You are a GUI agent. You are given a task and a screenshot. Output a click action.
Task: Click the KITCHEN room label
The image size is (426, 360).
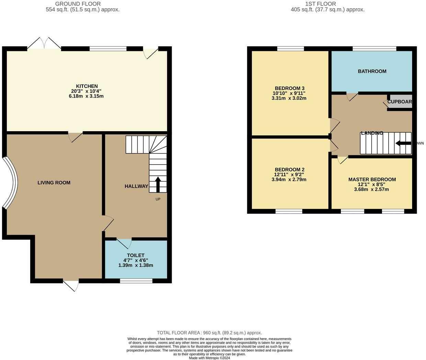(x=87, y=86)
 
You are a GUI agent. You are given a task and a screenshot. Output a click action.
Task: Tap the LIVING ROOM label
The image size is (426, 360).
(x=54, y=183)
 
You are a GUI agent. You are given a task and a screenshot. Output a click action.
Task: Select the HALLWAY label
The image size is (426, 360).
(x=136, y=186)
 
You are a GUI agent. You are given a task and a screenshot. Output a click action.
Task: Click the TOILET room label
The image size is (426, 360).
(x=136, y=256)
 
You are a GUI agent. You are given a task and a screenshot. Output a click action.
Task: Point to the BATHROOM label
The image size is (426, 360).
(x=372, y=71)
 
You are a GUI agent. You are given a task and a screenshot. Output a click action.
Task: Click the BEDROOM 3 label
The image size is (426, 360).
(x=290, y=88)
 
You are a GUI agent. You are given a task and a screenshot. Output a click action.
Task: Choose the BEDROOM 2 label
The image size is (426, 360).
(x=290, y=170)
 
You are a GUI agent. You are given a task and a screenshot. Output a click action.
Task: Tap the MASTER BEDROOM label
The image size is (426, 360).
(x=372, y=180)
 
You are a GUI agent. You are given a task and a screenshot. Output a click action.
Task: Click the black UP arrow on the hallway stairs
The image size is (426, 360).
(x=158, y=184)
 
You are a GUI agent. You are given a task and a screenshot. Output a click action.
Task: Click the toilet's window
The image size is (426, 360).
(x=136, y=281)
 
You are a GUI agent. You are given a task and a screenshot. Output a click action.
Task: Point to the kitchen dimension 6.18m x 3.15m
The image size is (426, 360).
(x=86, y=96)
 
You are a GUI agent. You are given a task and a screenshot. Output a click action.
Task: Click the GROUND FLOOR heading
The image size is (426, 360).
(x=78, y=4)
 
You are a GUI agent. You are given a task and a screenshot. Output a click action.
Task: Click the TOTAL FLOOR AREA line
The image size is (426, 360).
(x=209, y=333)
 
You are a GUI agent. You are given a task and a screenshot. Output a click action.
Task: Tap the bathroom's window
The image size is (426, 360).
(x=374, y=48)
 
